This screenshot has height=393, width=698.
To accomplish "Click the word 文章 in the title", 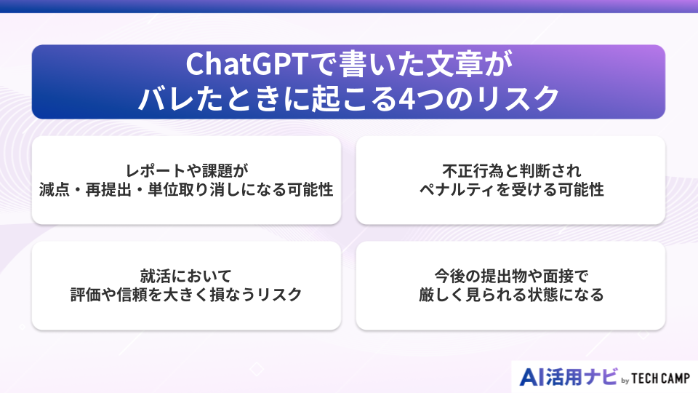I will click(455, 64).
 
